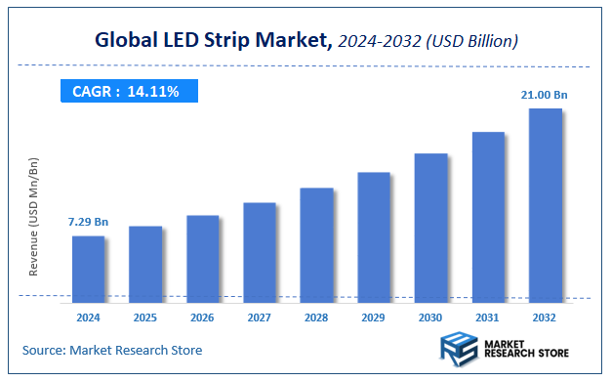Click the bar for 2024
[x=88, y=267]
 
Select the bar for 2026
[x=202, y=256]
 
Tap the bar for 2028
[x=316, y=242]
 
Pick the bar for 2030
[x=430, y=225]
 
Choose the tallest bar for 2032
[x=545, y=203]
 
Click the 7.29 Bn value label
[x=88, y=223]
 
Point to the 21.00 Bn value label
[x=544, y=95]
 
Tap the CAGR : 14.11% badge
[x=126, y=91]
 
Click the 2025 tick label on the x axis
[x=145, y=317]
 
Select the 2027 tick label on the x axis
[x=260, y=317]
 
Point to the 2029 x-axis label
[x=374, y=317]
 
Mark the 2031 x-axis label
[x=488, y=317]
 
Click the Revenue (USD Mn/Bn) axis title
[x=34, y=216]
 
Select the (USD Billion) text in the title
[x=472, y=41]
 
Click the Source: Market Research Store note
[x=112, y=350]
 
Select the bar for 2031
[x=488, y=214]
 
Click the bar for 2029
[x=374, y=234]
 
